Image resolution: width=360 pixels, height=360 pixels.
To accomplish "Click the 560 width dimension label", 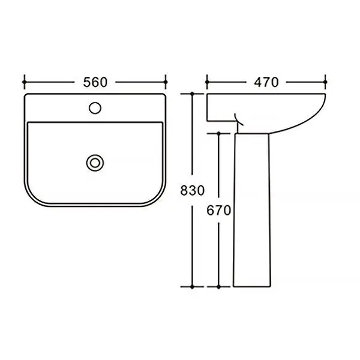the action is coord(95,82).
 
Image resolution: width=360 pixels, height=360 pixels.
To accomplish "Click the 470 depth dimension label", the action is coord(266,82).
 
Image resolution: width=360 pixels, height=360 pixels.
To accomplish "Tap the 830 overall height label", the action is coord(192,190).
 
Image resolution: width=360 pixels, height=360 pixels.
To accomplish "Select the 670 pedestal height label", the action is coord(218,211).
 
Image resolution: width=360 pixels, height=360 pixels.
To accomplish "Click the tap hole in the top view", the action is coord(95,108).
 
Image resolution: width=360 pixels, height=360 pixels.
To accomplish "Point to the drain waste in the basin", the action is coord(95,163).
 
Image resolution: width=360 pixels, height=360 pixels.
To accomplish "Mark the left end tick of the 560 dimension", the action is coord(25,82).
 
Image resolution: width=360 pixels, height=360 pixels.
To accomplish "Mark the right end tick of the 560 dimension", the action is coord(166,82).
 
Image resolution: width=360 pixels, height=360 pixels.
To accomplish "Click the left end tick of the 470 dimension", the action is coord(207,82).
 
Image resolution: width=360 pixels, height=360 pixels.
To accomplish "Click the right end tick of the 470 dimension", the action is coord(325,82).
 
